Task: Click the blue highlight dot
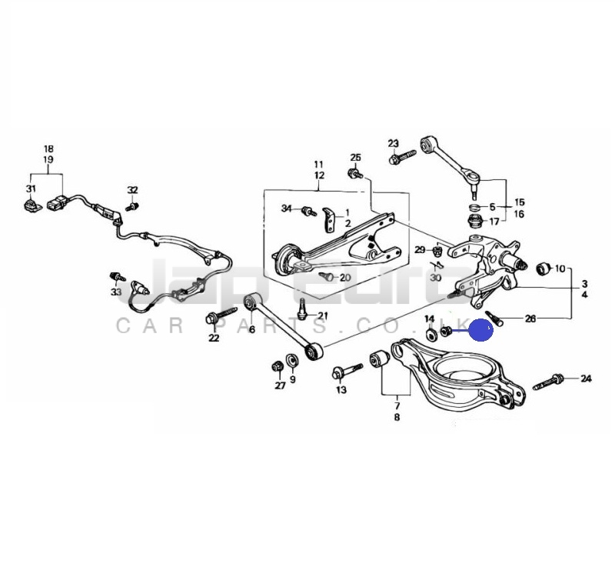[x=481, y=329]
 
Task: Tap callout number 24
[x=586, y=379]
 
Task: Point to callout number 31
[x=31, y=188]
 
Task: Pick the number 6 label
[x=252, y=329]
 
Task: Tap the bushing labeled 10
[x=544, y=268]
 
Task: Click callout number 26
[x=530, y=319]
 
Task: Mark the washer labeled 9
[x=291, y=361]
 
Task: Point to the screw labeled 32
[x=132, y=206]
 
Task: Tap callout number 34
[x=287, y=208]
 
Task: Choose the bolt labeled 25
[x=355, y=173]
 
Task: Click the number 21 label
[x=322, y=315]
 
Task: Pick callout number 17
[x=494, y=222]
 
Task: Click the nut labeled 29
[x=437, y=250]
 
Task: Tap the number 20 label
[x=344, y=278]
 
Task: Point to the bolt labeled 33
[x=117, y=276]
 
